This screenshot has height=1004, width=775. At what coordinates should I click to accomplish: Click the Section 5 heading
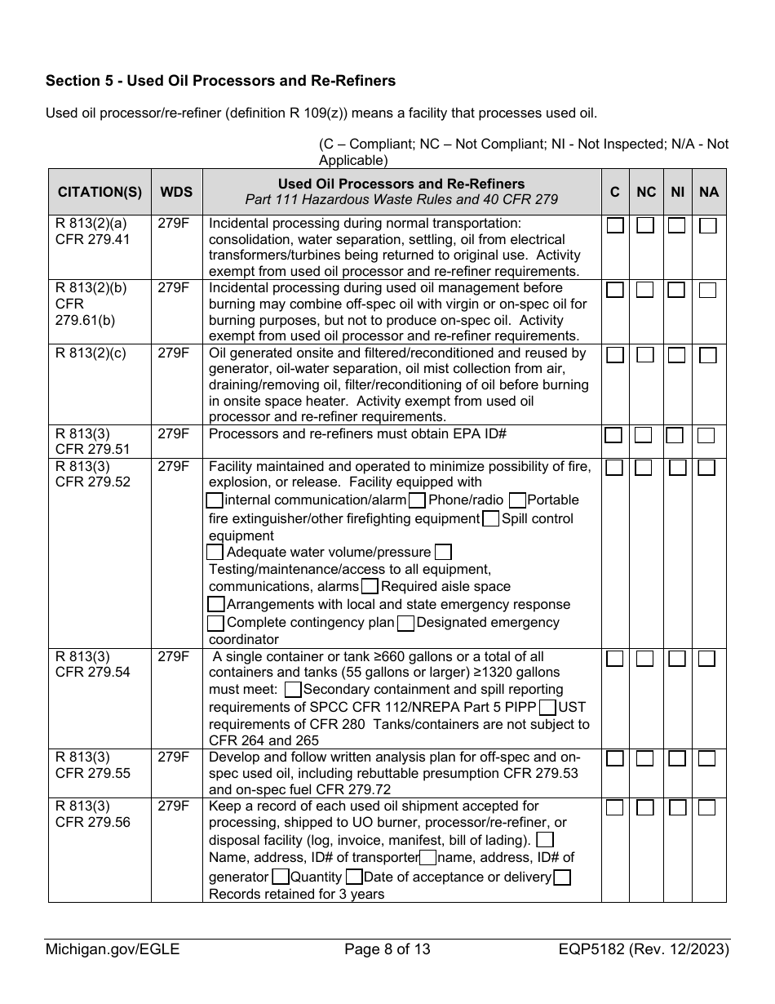tap(220, 81)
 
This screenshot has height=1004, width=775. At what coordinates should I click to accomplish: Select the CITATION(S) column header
tap(100, 193)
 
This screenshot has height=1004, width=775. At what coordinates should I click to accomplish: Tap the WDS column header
tap(176, 193)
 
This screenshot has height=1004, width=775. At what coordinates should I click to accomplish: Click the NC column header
tap(645, 193)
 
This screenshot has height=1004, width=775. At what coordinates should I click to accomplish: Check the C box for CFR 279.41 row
tap(615, 225)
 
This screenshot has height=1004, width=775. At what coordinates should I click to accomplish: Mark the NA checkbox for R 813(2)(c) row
tap(708, 355)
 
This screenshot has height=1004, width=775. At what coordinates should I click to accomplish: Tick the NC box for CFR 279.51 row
tap(644, 435)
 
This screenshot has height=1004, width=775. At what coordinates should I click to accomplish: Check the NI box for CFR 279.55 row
tap(677, 758)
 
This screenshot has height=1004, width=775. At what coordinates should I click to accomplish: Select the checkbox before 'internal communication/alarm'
tap(215, 500)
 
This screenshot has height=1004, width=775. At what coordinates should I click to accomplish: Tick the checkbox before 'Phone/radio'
tap(417, 500)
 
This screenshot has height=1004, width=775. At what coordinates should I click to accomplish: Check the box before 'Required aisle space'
tap(370, 586)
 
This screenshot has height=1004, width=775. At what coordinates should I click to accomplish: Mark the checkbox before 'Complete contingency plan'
tap(215, 623)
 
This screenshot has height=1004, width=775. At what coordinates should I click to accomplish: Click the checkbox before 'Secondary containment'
tap(294, 690)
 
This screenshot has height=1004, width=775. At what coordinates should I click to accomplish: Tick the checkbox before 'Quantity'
tap(280, 877)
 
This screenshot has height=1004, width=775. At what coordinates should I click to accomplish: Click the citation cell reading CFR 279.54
tap(92, 673)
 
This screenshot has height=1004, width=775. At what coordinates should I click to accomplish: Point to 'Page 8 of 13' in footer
tap(387, 949)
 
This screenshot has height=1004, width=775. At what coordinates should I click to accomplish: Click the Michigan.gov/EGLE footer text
tap(113, 949)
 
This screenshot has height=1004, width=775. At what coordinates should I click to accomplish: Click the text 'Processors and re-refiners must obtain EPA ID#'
tap(358, 433)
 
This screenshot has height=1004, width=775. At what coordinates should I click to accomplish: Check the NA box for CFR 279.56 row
tap(707, 807)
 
